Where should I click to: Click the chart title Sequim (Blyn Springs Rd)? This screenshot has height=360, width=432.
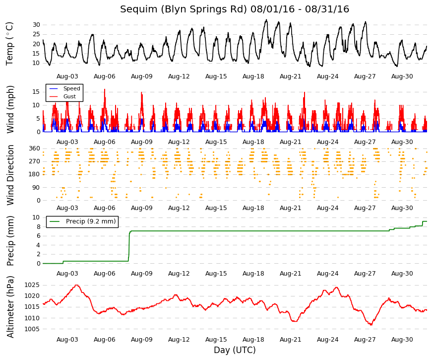click(x=184, y=9)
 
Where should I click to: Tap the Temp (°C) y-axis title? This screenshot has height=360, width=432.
click(x=9, y=44)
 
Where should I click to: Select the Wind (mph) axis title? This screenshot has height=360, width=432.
click(x=10, y=109)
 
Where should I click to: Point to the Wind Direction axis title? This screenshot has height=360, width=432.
click(x=10, y=175)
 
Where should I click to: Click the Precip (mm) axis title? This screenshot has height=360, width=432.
click(x=10, y=240)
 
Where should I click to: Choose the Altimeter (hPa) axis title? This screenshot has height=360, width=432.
click(x=10, y=306)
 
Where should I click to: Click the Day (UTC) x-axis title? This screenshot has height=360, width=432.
click(x=235, y=350)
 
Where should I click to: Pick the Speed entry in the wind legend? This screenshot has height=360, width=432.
click(x=65, y=88)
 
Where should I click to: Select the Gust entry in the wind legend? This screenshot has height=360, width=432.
click(x=62, y=96)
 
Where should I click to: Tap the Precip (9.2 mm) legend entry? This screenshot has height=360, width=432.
click(x=82, y=221)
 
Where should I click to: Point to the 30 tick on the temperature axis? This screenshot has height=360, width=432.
click(x=36, y=25)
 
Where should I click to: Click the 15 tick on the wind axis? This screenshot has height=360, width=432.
click(x=36, y=92)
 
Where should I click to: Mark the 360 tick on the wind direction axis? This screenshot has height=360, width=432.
click(x=34, y=148)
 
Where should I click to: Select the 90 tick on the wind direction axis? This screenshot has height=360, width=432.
click(x=36, y=188)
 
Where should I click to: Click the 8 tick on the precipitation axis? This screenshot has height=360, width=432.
click(x=38, y=227)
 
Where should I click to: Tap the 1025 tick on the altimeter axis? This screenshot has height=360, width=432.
click(x=32, y=285)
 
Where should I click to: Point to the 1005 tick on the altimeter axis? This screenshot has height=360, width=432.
click(x=32, y=329)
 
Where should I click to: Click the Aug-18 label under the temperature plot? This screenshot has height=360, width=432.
click(x=253, y=76)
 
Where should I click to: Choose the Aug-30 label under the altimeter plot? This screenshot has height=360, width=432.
click(x=402, y=340)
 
